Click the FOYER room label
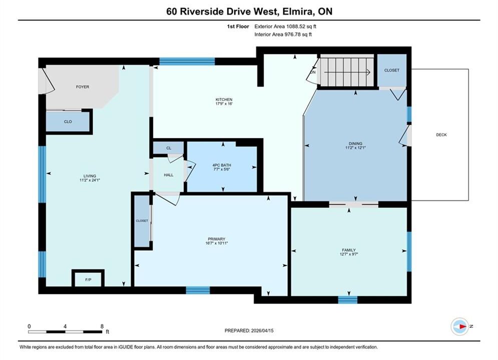pos(82,86)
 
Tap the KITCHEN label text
pos(224,99)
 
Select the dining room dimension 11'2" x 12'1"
pos(355,147)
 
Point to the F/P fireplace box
pos(88,279)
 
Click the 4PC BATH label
pos(222,165)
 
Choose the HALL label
pos(169,175)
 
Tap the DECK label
pos(441,135)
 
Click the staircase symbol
pos(347,71)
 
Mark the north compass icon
pos(459,326)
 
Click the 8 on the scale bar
pos(102,326)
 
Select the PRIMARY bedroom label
pos(217,239)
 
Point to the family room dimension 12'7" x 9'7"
pos(349,254)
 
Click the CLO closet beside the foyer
pos(68,122)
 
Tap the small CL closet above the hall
pos(169,148)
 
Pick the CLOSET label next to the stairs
pos(391,70)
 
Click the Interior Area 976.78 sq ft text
pos(283,34)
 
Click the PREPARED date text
pos(249,330)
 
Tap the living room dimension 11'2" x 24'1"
pos(90,180)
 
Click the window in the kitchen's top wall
pos(187,61)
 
